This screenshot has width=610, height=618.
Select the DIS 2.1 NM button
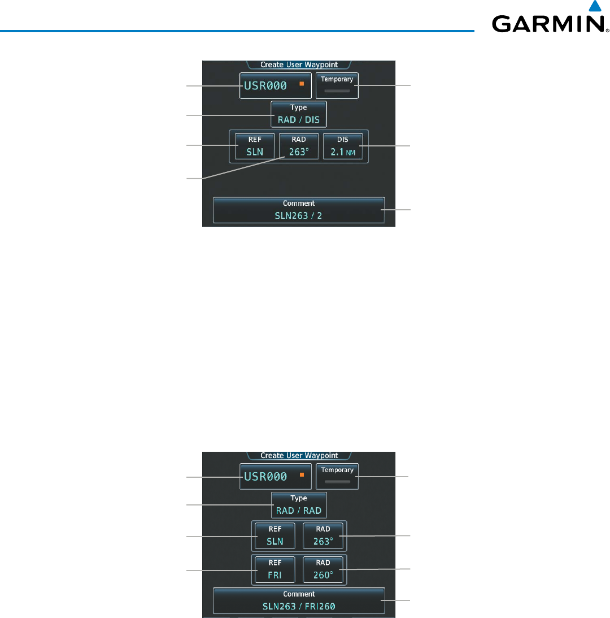tap(343, 146)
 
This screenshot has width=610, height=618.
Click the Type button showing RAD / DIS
tap(299, 114)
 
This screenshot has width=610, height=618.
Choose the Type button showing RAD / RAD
tap(299, 505)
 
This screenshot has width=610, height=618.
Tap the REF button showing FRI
tap(274, 571)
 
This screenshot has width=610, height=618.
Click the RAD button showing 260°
tap(323, 571)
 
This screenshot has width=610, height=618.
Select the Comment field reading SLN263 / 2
tap(299, 210)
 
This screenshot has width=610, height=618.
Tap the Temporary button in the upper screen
tap(337, 85)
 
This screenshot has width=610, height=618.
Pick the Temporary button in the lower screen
tap(337, 476)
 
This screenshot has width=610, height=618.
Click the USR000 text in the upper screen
tap(265, 86)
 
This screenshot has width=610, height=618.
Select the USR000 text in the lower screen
tap(265, 477)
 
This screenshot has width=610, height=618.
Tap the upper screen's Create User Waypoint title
tap(299, 64)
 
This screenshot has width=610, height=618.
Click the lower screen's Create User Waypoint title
tap(299, 455)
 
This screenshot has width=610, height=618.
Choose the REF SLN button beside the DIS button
tap(255, 146)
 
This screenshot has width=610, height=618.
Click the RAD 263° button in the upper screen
tap(299, 146)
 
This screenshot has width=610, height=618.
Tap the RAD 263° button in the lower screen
tap(323, 535)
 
